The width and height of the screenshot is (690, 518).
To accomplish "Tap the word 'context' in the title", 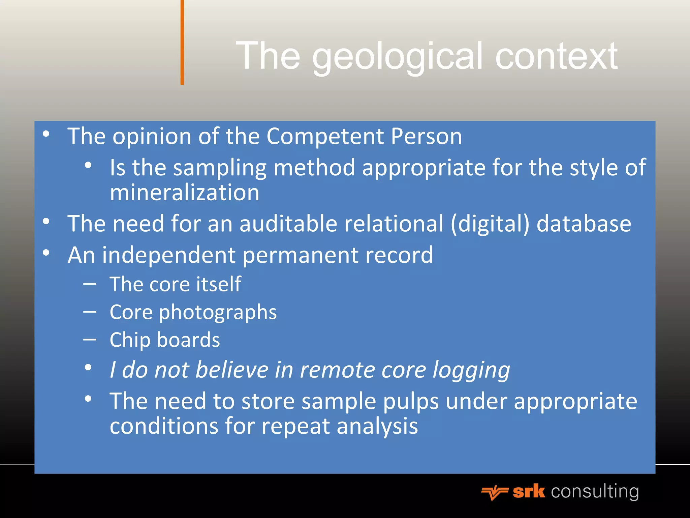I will (556, 57).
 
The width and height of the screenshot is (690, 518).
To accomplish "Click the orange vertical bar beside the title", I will (182, 42).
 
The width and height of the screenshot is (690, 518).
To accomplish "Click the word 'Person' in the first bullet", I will (426, 137).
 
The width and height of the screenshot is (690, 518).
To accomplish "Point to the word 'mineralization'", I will (185, 193).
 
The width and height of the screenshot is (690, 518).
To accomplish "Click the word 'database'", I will (584, 224).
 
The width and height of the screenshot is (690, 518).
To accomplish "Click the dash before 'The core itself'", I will (90, 284).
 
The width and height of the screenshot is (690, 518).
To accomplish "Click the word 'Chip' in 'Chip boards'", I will (129, 340).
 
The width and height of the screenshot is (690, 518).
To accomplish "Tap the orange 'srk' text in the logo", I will (529, 491).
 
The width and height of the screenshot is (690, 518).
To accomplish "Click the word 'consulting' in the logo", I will (595, 491).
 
